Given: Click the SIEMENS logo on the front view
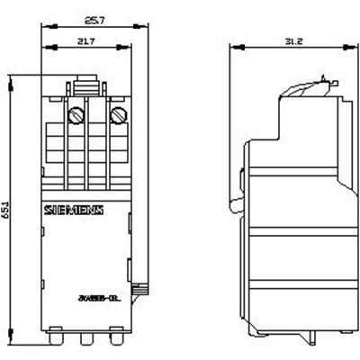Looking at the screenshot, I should click(74, 211).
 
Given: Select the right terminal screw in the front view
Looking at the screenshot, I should click(116, 116).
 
